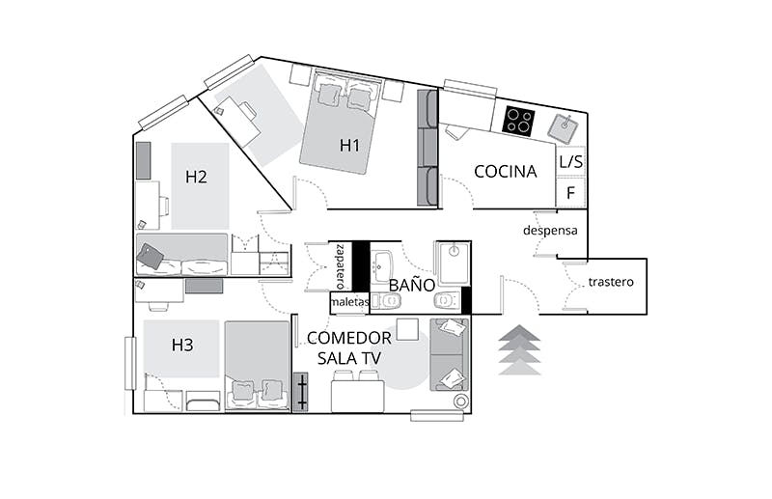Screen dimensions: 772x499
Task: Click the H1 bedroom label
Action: pyautogui.click(x=349, y=146)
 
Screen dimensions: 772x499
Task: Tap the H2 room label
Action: pyautogui.click(x=196, y=177)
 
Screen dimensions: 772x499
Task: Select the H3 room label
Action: pyautogui.click(x=182, y=345)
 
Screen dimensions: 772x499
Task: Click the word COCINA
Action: pyautogui.click(x=505, y=172)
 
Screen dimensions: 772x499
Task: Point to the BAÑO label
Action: pyautogui.click(x=412, y=284)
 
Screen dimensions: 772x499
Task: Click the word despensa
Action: pyautogui.click(x=550, y=230)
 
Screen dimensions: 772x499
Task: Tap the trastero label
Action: pyautogui.click(x=611, y=282)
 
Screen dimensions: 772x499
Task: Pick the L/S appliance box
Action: pyautogui.click(x=570, y=160)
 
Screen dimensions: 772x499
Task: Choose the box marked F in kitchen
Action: pyautogui.click(x=570, y=192)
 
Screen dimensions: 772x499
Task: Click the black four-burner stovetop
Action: pyautogui.click(x=518, y=121)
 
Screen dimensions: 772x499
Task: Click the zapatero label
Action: pyautogui.click(x=341, y=266)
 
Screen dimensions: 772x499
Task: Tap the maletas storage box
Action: pyautogui.click(x=349, y=302)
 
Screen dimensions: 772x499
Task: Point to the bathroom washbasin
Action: pyautogui.click(x=381, y=266)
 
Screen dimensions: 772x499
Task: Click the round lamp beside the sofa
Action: pyautogui.click(x=461, y=402)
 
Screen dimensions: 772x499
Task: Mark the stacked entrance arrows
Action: pyautogui.click(x=519, y=349)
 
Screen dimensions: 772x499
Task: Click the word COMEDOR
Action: pyautogui.click(x=349, y=338)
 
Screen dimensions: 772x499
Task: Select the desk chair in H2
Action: pyautogui.click(x=164, y=205)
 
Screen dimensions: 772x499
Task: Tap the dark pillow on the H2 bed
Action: pyautogui.click(x=151, y=256)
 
